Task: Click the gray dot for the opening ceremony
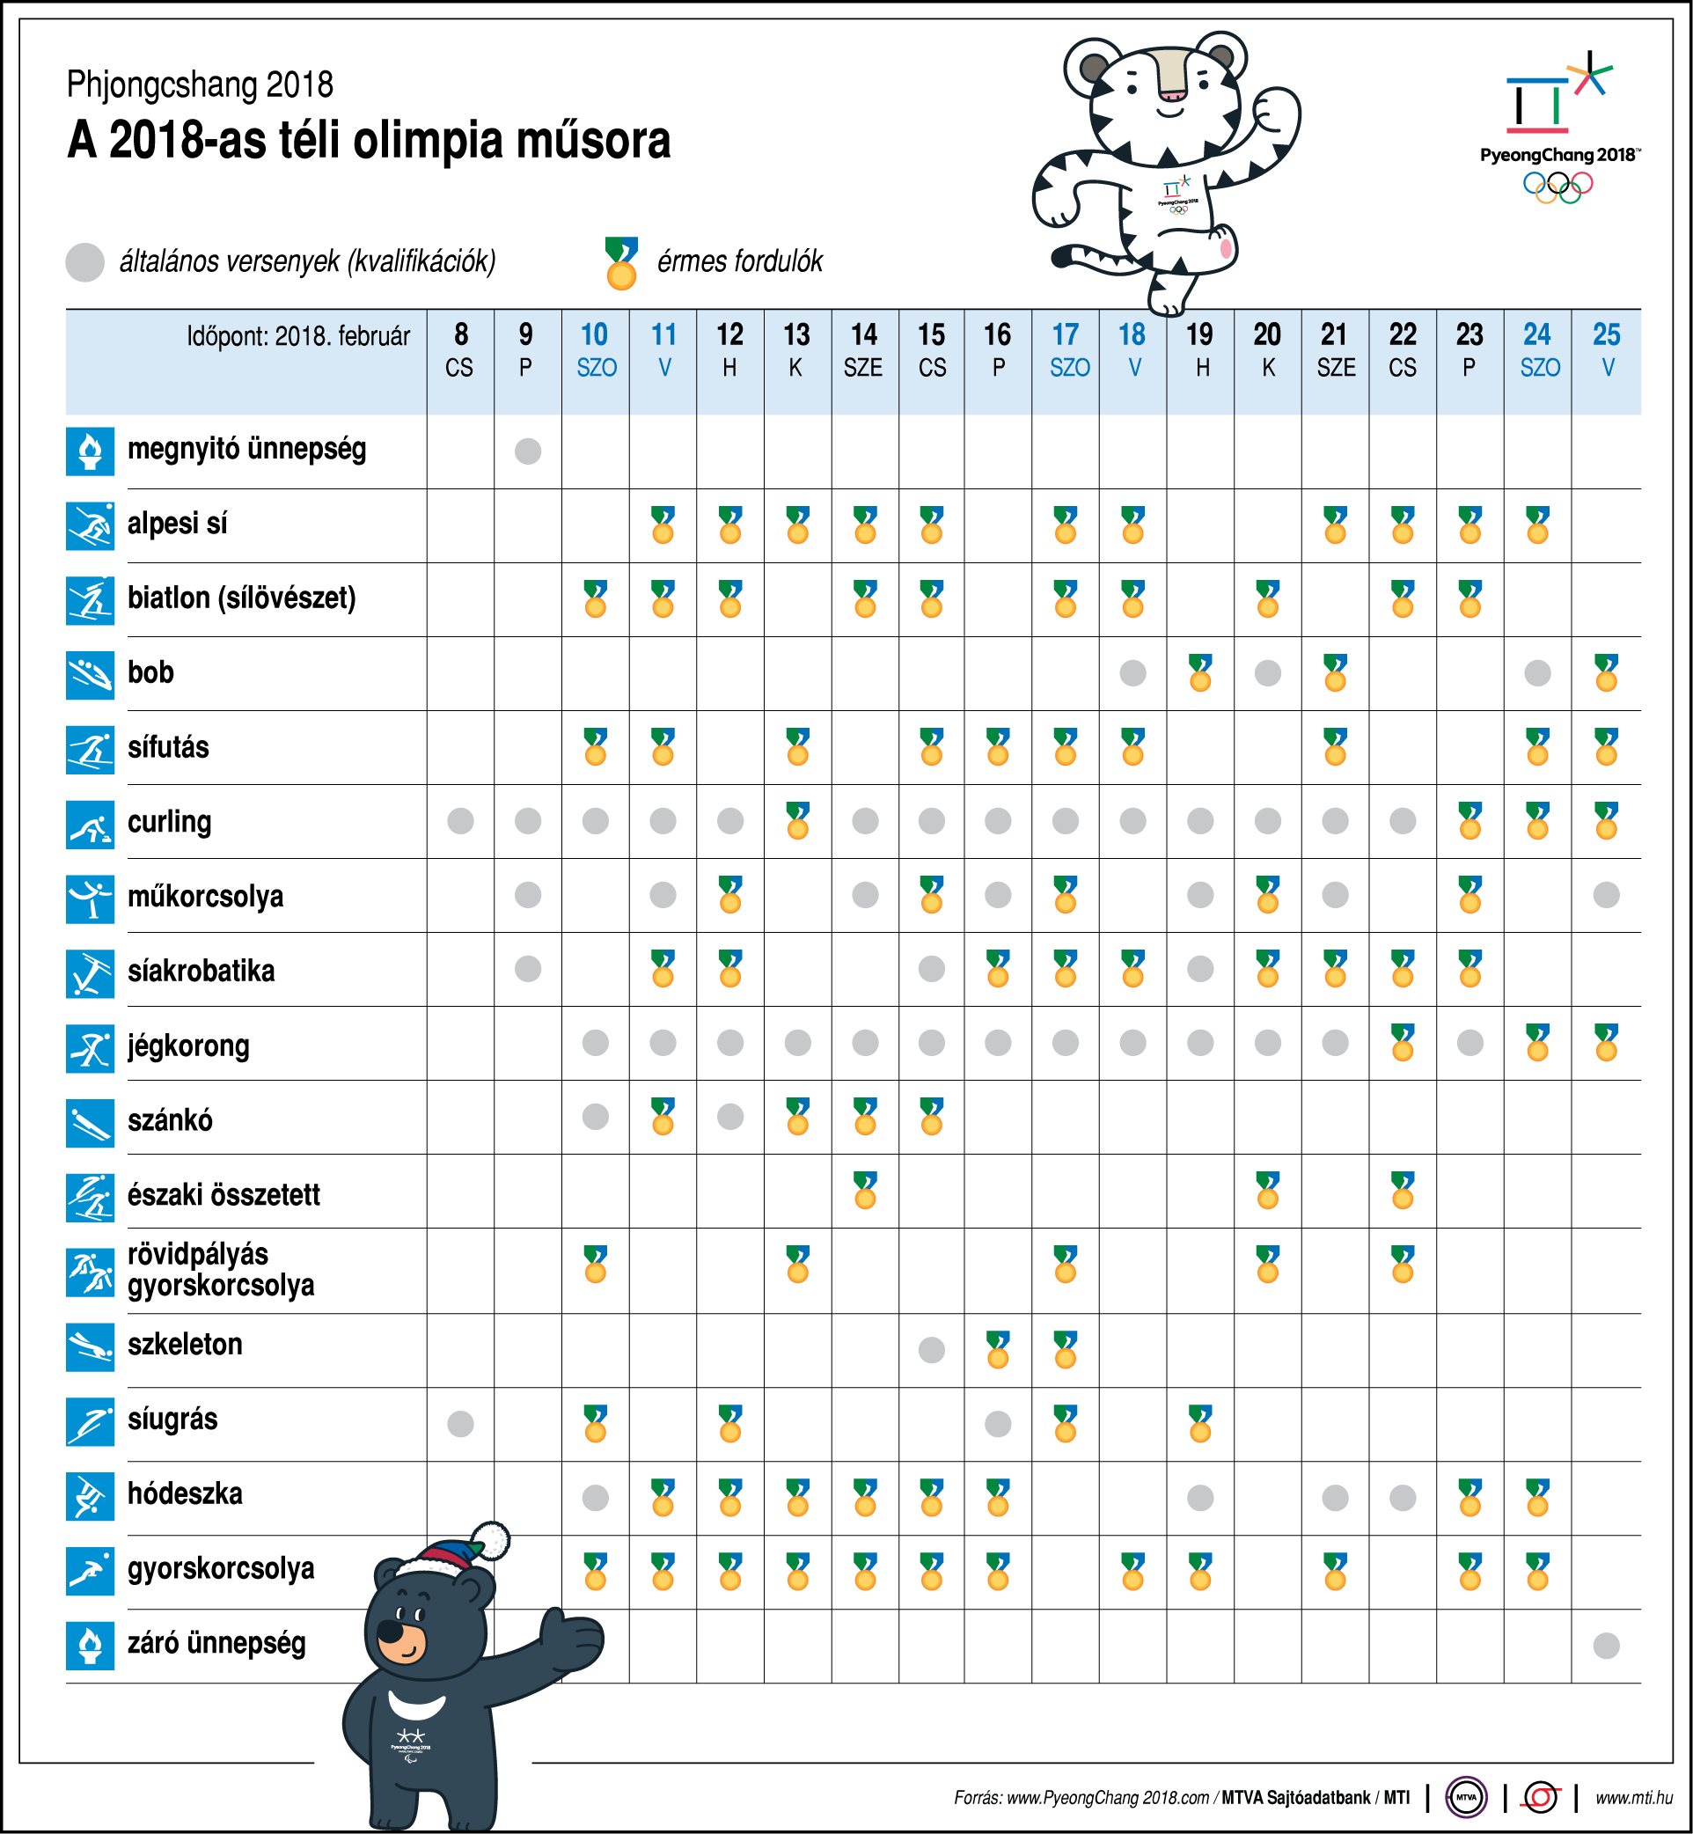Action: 528,451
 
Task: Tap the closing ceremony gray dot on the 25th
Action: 1606,1646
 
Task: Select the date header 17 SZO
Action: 1066,349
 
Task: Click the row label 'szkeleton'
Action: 185,1344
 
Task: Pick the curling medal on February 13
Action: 797,821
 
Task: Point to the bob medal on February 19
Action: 1200,673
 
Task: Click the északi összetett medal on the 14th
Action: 865,1190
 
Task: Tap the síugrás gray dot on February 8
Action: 460,1423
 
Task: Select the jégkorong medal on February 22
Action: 1403,1043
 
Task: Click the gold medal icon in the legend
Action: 621,264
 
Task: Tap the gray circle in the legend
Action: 85,262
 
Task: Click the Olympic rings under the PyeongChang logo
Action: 1557,187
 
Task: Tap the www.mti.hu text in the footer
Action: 1633,1797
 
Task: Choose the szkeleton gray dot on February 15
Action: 932,1348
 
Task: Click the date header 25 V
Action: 1607,349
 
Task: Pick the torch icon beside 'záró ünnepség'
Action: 90,1646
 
